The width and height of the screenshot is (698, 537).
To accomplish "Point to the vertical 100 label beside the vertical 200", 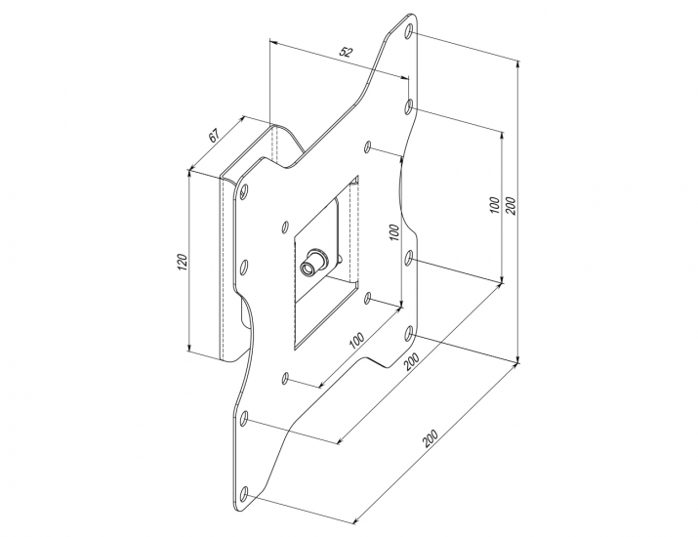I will (x=496, y=206).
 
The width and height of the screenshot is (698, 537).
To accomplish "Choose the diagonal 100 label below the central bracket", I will (x=355, y=344).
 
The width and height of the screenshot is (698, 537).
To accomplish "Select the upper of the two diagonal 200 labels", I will (x=413, y=360).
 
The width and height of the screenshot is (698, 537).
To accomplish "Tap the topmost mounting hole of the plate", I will (x=409, y=33).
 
